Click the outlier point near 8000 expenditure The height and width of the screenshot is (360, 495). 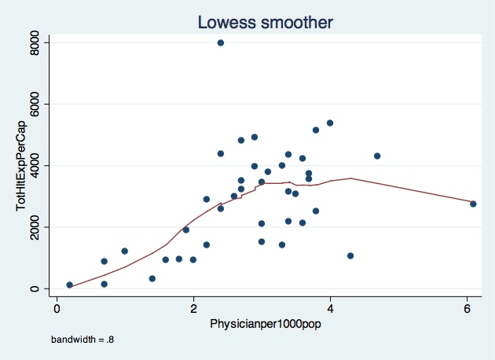[221, 42]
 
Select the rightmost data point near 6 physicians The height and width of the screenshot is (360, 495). [474, 204]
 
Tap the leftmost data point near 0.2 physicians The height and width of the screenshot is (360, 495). [70, 285]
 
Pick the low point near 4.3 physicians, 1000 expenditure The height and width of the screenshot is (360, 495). [350, 255]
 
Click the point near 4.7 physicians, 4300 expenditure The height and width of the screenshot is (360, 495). [377, 156]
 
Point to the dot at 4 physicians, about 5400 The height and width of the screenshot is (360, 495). [330, 123]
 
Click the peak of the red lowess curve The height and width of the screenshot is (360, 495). [350, 178]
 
